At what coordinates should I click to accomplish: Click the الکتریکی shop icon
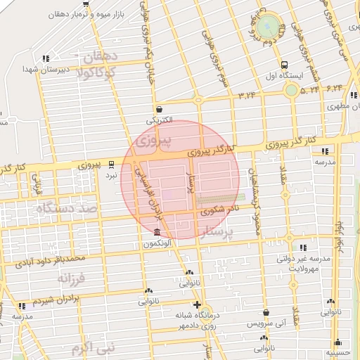[x=160, y=109]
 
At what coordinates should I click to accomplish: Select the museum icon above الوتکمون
[x=157, y=233]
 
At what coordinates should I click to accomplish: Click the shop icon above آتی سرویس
[x=266, y=313]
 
